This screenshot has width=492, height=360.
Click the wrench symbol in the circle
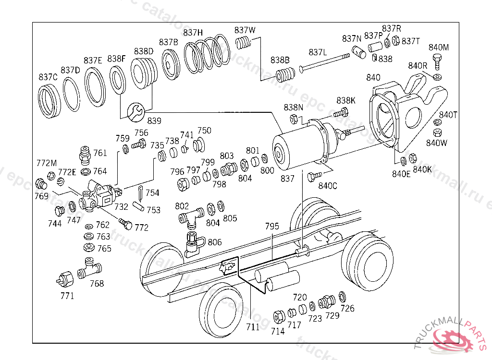point(136,112)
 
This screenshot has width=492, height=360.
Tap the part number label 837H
point(193,32)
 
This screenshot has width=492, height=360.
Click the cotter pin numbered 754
point(141,193)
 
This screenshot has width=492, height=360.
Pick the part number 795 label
point(272,227)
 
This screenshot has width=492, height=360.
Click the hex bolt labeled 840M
point(437,62)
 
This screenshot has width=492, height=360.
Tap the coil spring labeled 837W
point(243,43)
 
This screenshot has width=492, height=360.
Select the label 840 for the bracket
point(373,77)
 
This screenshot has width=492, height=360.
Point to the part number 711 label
point(253,327)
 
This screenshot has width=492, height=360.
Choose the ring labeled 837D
point(72,94)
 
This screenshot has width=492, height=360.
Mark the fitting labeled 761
point(85,155)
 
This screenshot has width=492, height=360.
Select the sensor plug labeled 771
point(65,280)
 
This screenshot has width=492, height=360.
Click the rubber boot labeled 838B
point(285,74)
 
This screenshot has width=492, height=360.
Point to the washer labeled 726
point(342,296)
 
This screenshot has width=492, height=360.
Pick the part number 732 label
point(121,207)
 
